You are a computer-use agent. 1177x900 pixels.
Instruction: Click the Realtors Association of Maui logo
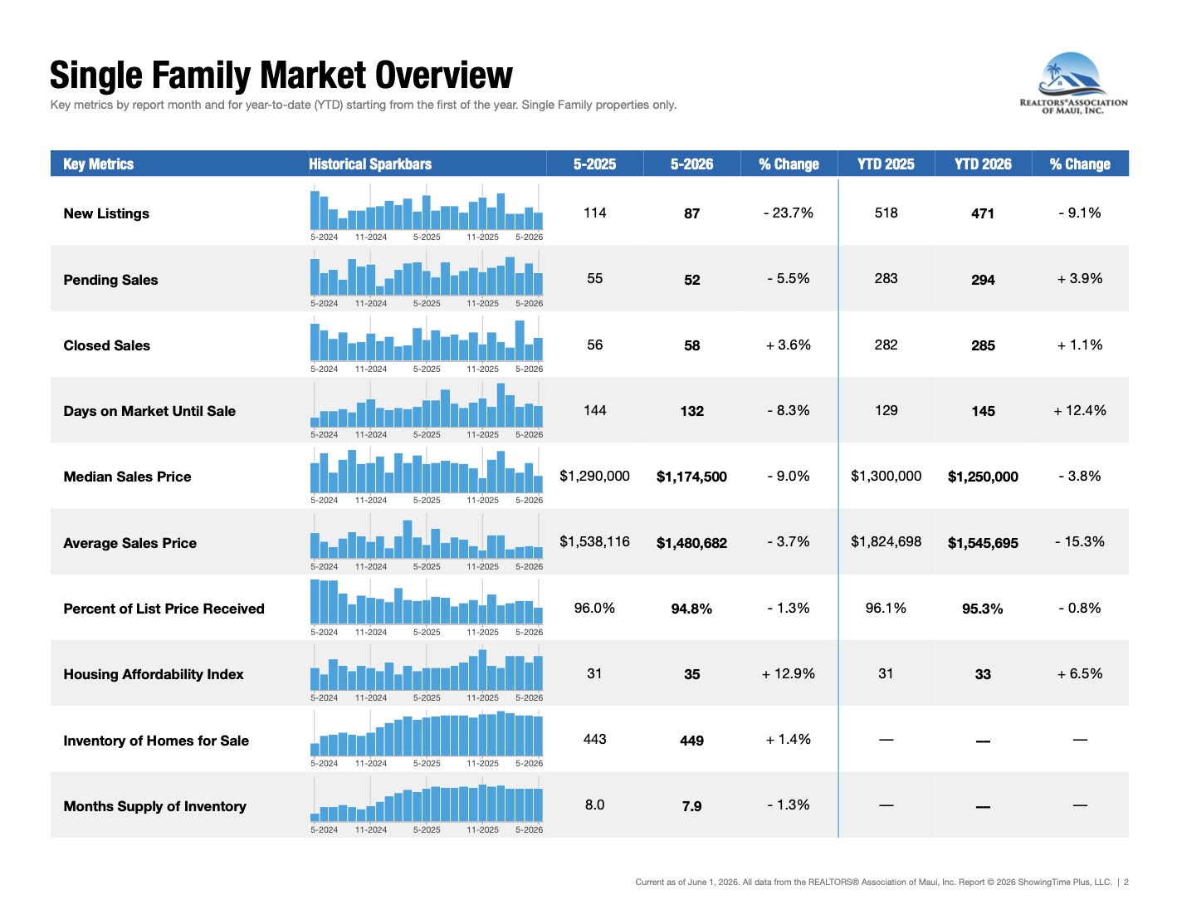coord(1072,83)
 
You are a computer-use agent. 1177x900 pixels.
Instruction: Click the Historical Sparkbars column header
coord(370,164)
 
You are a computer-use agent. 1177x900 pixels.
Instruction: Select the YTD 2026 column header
coord(982,164)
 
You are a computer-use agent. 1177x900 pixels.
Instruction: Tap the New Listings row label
coord(106,213)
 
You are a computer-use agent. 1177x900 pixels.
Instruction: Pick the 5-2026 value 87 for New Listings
coord(691,213)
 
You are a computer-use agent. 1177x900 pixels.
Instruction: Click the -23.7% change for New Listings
coord(789,213)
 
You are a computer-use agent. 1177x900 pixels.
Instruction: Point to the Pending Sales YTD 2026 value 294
coord(983,280)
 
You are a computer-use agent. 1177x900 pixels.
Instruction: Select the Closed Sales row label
coord(107,345)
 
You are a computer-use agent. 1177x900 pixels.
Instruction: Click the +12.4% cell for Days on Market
coord(1079,410)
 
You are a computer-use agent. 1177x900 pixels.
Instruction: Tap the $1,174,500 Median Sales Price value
coord(691,477)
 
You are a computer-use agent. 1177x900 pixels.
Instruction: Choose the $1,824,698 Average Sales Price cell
coord(886,541)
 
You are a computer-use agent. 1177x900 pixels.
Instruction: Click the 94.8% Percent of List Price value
coord(691,609)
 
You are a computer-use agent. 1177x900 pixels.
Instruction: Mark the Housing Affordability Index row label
coord(154,674)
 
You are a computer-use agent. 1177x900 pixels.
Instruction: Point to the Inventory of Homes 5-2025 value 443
coord(594,739)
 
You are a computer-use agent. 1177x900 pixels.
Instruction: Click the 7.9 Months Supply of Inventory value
coord(691,805)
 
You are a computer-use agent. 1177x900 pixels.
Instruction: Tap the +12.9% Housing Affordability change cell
coord(789,673)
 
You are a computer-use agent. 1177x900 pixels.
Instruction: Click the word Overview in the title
coord(443,75)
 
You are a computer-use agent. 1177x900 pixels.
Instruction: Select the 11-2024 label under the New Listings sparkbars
coord(370,237)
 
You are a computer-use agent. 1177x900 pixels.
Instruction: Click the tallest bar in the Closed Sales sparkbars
coord(519,340)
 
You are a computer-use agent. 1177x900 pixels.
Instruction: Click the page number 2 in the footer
coord(1126,882)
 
